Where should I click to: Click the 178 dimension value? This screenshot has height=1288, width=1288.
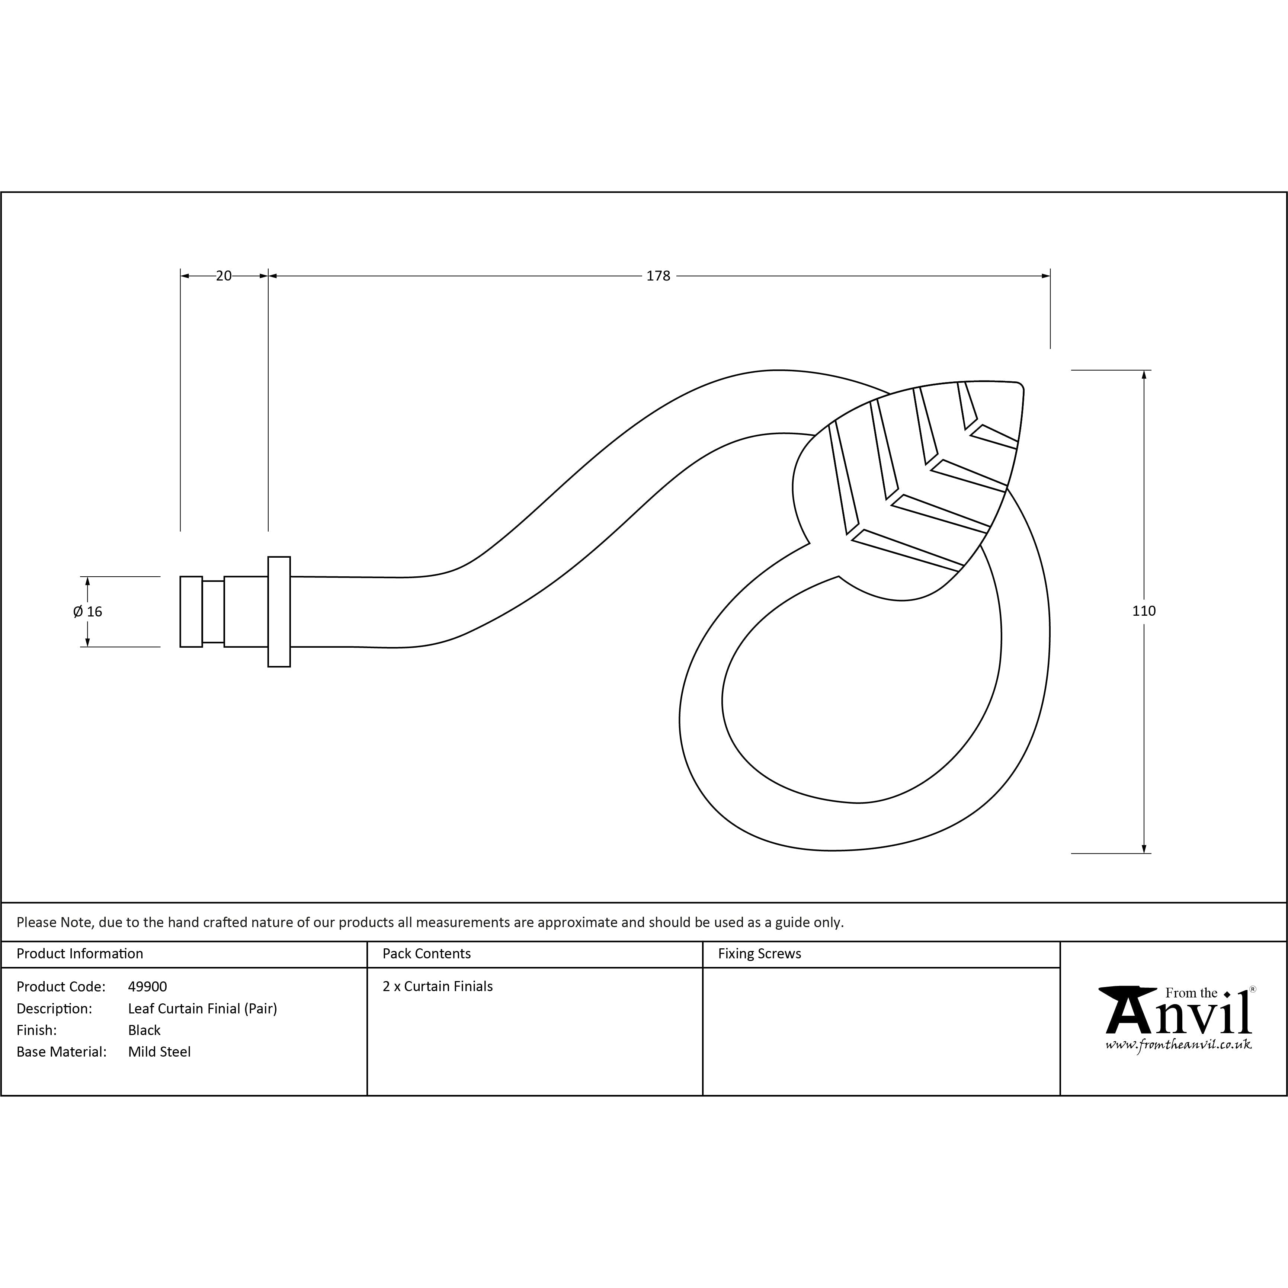click(658, 276)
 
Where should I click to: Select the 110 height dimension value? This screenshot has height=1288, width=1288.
click(1144, 611)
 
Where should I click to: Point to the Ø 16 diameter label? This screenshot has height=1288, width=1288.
click(88, 611)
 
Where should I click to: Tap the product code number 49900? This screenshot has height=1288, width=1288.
click(147, 987)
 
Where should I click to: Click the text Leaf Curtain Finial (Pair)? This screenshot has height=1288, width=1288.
click(203, 1009)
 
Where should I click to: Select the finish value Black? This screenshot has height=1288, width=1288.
click(144, 1030)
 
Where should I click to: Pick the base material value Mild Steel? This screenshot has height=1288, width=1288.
click(159, 1052)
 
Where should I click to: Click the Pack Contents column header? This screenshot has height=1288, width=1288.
click(427, 954)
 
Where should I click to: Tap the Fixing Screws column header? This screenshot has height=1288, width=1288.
click(759, 954)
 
